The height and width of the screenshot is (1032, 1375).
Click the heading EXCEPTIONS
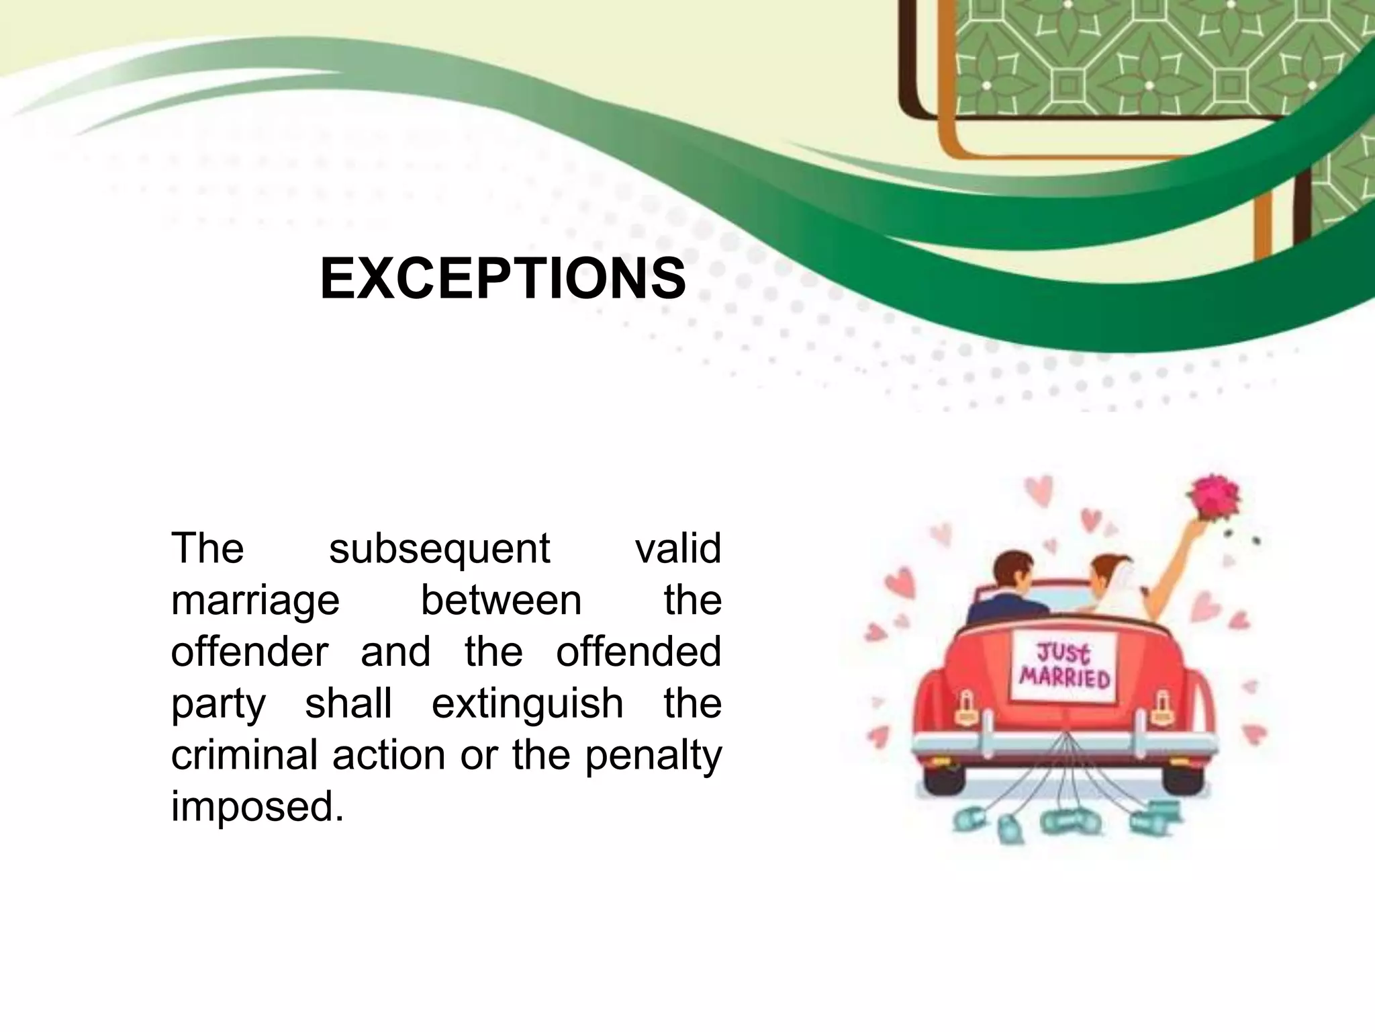coord(503,279)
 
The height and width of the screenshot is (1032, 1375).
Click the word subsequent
coord(439,548)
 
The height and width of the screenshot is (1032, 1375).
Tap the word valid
coord(677,548)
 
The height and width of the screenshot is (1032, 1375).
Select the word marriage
coord(255,601)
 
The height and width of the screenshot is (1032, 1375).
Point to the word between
coord(501,600)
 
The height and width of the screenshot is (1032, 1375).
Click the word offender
coord(250,652)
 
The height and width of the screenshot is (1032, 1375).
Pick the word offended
coord(638,652)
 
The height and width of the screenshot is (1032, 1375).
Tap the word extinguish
coord(527,703)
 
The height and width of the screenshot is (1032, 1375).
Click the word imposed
coord(257,807)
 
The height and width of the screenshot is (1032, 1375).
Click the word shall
coord(348,703)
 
